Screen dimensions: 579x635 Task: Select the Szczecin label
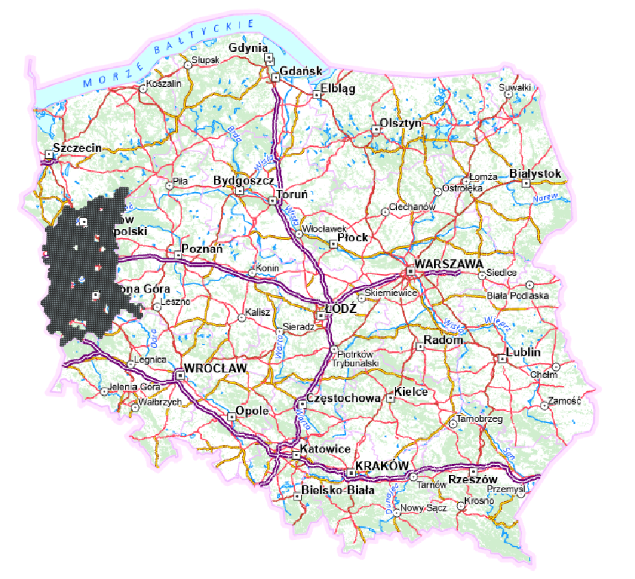[77, 147]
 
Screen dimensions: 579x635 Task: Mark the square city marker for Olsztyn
[376, 129]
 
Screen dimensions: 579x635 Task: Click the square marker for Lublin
[503, 358]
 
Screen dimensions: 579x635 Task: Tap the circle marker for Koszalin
[142, 88]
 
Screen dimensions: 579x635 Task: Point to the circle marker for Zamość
[545, 405]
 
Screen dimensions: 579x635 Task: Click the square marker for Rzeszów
[473, 472]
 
